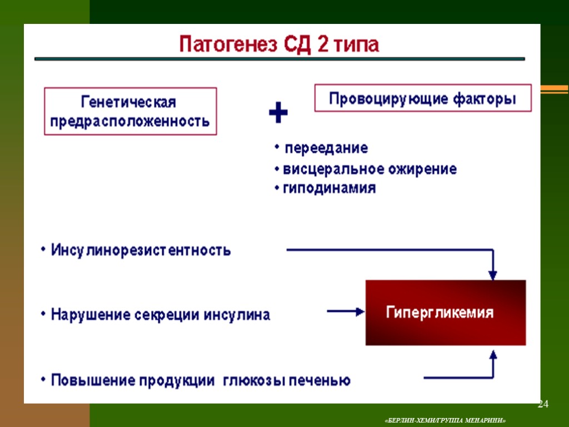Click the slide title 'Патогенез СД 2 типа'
click(x=279, y=44)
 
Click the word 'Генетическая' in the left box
click(x=129, y=103)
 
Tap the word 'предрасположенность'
click(x=130, y=121)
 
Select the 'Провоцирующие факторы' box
click(x=423, y=99)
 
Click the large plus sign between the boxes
click(x=278, y=114)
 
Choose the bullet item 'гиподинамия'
click(x=330, y=188)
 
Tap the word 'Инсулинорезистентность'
click(x=141, y=250)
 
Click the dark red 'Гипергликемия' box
click(x=445, y=312)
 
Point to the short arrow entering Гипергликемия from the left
click(x=345, y=312)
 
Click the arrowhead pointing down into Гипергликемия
click(x=492, y=274)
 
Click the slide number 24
click(x=543, y=404)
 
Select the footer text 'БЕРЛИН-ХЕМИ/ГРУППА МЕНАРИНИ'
click(x=445, y=419)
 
